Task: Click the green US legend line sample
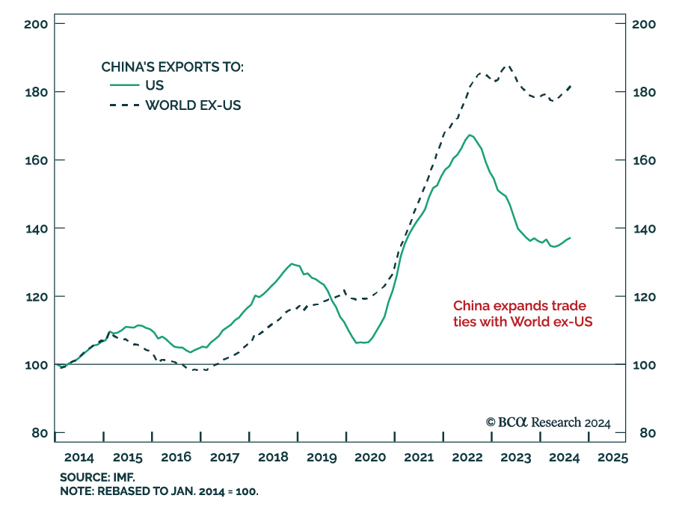[123, 85]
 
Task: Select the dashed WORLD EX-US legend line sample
[123, 105]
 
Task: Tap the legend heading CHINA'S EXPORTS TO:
[173, 67]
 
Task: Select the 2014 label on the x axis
[79, 457]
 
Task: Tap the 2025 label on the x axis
[612, 457]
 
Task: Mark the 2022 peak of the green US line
[469, 135]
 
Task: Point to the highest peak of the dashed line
[509, 65]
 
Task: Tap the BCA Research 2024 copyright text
[548, 423]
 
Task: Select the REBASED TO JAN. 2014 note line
[159, 491]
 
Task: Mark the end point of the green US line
[571, 238]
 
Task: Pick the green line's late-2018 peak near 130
[292, 263]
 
